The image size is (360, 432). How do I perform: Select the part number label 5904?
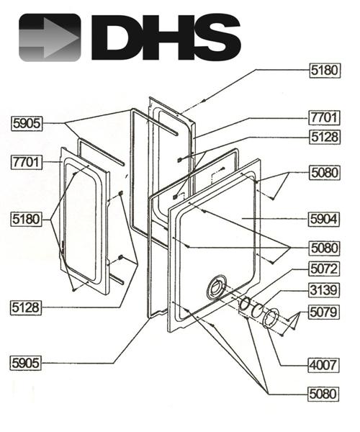point(323,217)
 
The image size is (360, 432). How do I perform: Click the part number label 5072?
point(323,269)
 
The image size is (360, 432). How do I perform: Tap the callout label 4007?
point(323,366)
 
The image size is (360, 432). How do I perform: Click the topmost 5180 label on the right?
point(323,71)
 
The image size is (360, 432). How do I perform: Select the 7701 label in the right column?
point(323,117)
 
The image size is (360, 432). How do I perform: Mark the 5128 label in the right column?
point(323,137)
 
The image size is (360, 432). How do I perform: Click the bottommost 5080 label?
point(323,394)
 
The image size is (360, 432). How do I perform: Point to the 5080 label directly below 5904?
point(323,248)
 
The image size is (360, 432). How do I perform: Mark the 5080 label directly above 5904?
point(323,173)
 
